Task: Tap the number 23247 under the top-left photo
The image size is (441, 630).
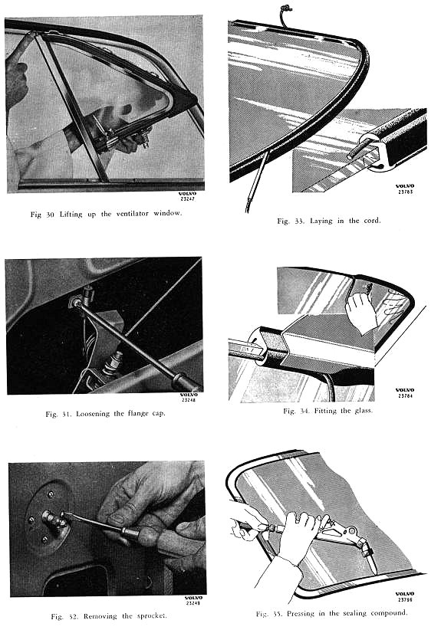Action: [188, 199]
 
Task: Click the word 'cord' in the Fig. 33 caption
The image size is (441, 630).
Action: [370, 221]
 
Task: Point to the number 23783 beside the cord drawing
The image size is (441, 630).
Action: [405, 192]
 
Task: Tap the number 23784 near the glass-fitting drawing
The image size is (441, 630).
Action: [405, 395]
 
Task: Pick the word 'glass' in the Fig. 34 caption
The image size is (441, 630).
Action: [364, 411]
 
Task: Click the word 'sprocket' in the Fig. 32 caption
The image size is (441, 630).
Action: [152, 616]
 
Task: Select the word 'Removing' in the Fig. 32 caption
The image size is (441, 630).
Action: [100, 616]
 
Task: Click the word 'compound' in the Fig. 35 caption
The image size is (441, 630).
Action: [389, 613]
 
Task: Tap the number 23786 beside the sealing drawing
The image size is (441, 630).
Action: [405, 600]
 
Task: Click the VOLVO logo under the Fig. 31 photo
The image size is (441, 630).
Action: [189, 395]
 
